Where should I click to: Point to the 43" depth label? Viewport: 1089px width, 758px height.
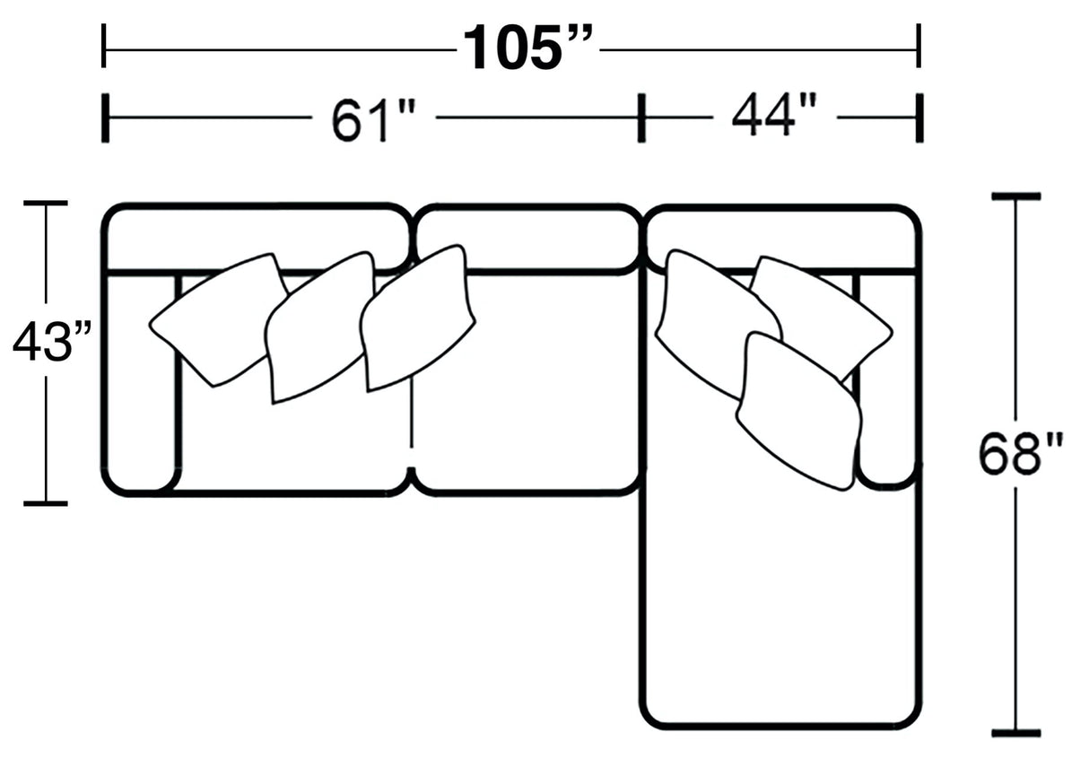click(x=52, y=343)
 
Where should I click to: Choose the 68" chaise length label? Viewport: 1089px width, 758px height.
click(x=1020, y=455)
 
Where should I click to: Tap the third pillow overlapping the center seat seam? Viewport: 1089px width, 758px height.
click(x=418, y=318)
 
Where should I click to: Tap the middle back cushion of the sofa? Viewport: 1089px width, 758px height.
click(x=526, y=239)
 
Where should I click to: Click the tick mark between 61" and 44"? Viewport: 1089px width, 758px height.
click(x=640, y=117)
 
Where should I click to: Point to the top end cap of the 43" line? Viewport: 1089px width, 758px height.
click(x=45, y=204)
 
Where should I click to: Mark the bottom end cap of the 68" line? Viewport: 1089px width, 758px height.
click(x=1015, y=733)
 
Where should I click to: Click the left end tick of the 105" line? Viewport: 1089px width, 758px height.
click(x=104, y=46)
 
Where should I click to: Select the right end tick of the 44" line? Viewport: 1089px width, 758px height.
click(x=919, y=117)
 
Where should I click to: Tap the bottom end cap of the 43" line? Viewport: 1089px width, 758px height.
click(x=45, y=503)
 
